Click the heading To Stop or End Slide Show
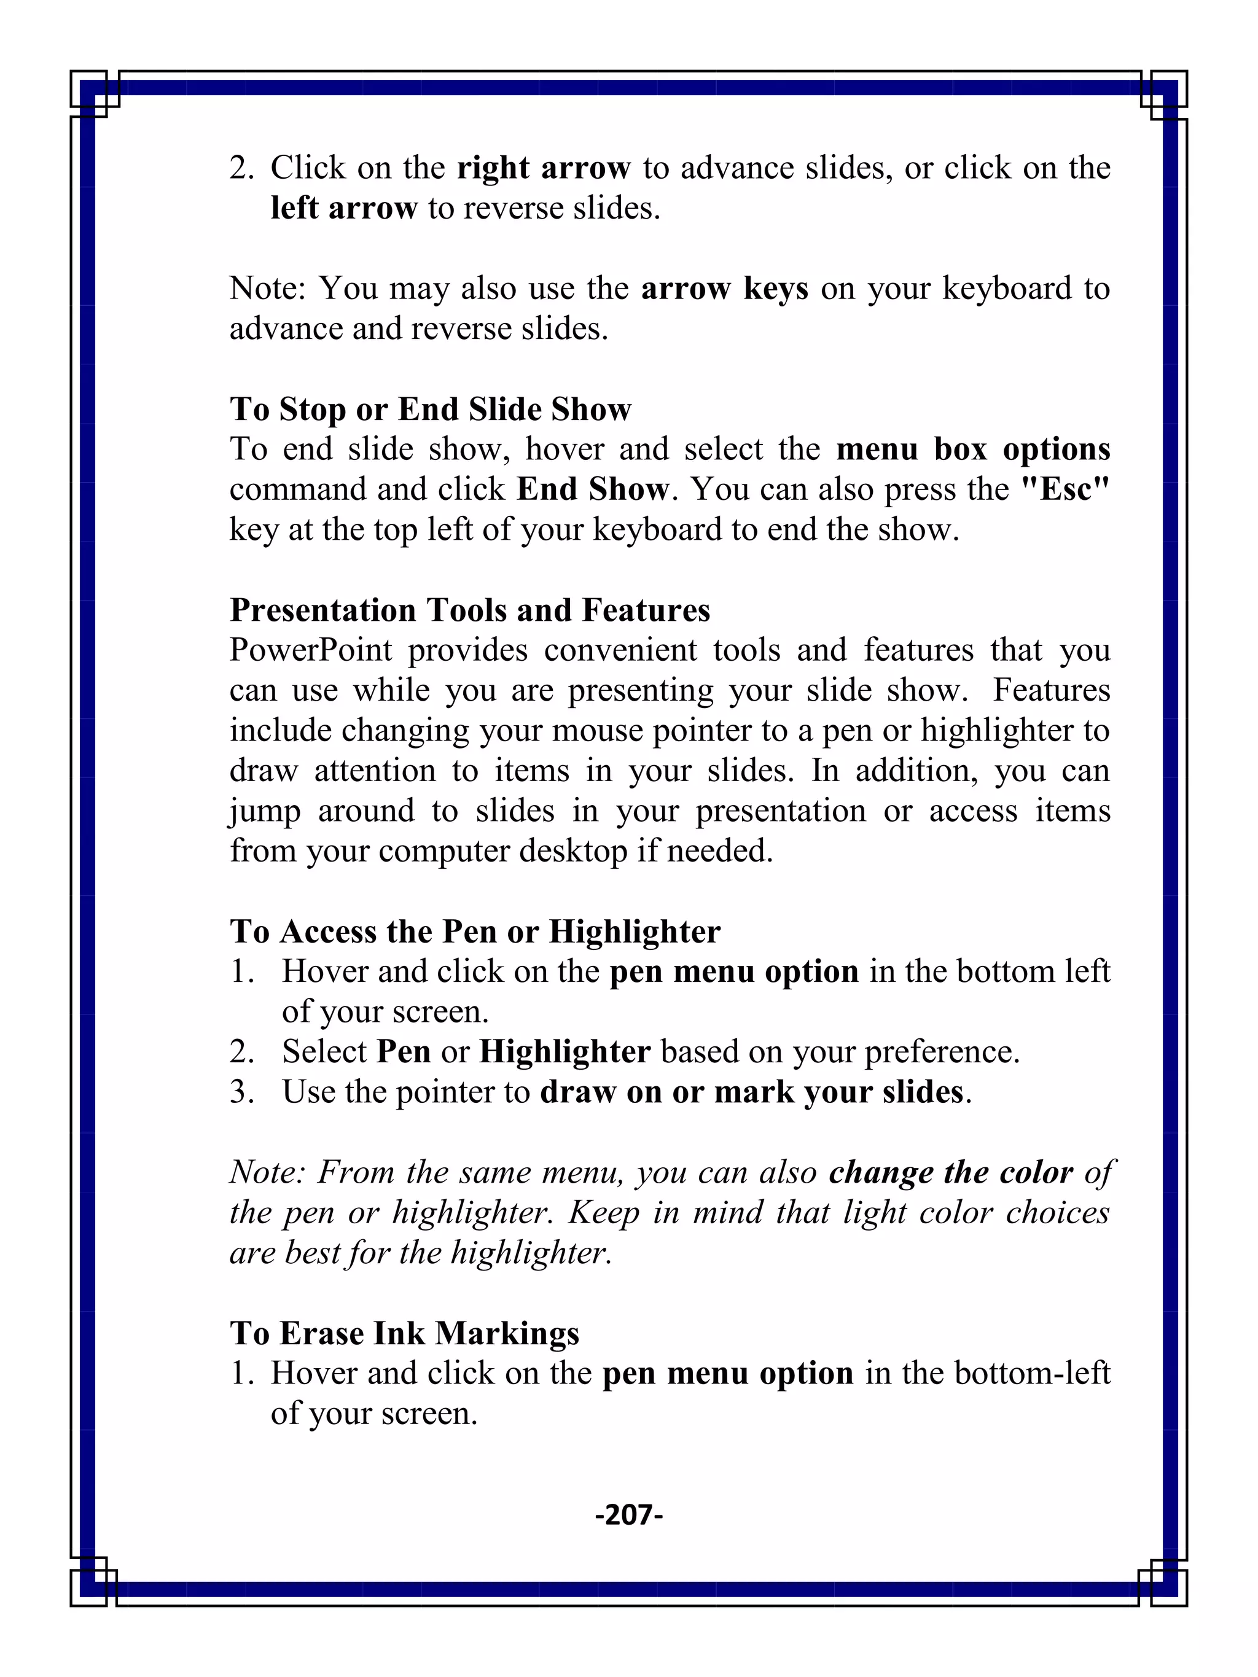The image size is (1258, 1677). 430,410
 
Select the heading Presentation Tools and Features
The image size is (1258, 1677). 469,610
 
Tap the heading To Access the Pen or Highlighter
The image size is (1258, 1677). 475,932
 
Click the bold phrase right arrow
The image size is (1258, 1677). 543,168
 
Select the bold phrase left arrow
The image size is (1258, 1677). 343,208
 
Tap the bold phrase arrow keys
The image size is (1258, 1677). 724,288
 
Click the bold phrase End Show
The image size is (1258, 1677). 592,489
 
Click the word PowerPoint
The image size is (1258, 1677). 311,650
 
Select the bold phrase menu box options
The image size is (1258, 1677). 973,449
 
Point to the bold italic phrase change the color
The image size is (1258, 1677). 950,1173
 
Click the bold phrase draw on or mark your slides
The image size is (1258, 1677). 751,1092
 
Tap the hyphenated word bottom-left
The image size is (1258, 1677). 1031,1374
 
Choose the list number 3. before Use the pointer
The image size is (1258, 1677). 242,1092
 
